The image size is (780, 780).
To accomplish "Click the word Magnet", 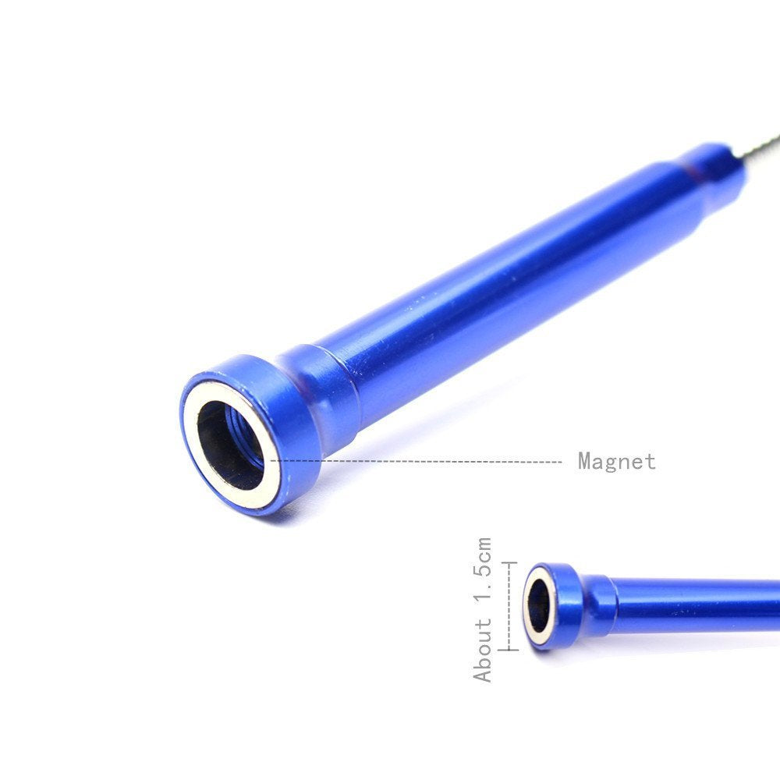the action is (617, 461).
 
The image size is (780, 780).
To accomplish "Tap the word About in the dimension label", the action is (482, 650).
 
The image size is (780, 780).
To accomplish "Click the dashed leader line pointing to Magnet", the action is (416, 461).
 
